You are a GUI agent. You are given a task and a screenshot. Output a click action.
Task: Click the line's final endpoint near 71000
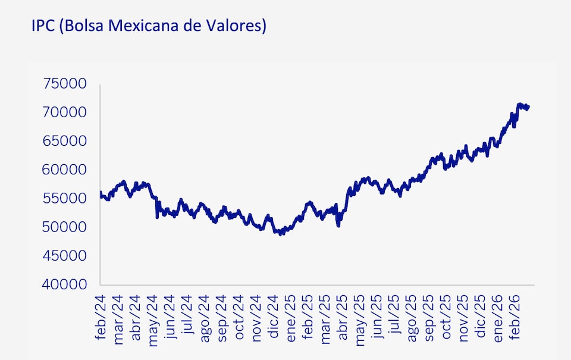point(528,107)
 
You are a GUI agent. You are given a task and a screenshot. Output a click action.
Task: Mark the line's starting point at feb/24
point(100,192)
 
